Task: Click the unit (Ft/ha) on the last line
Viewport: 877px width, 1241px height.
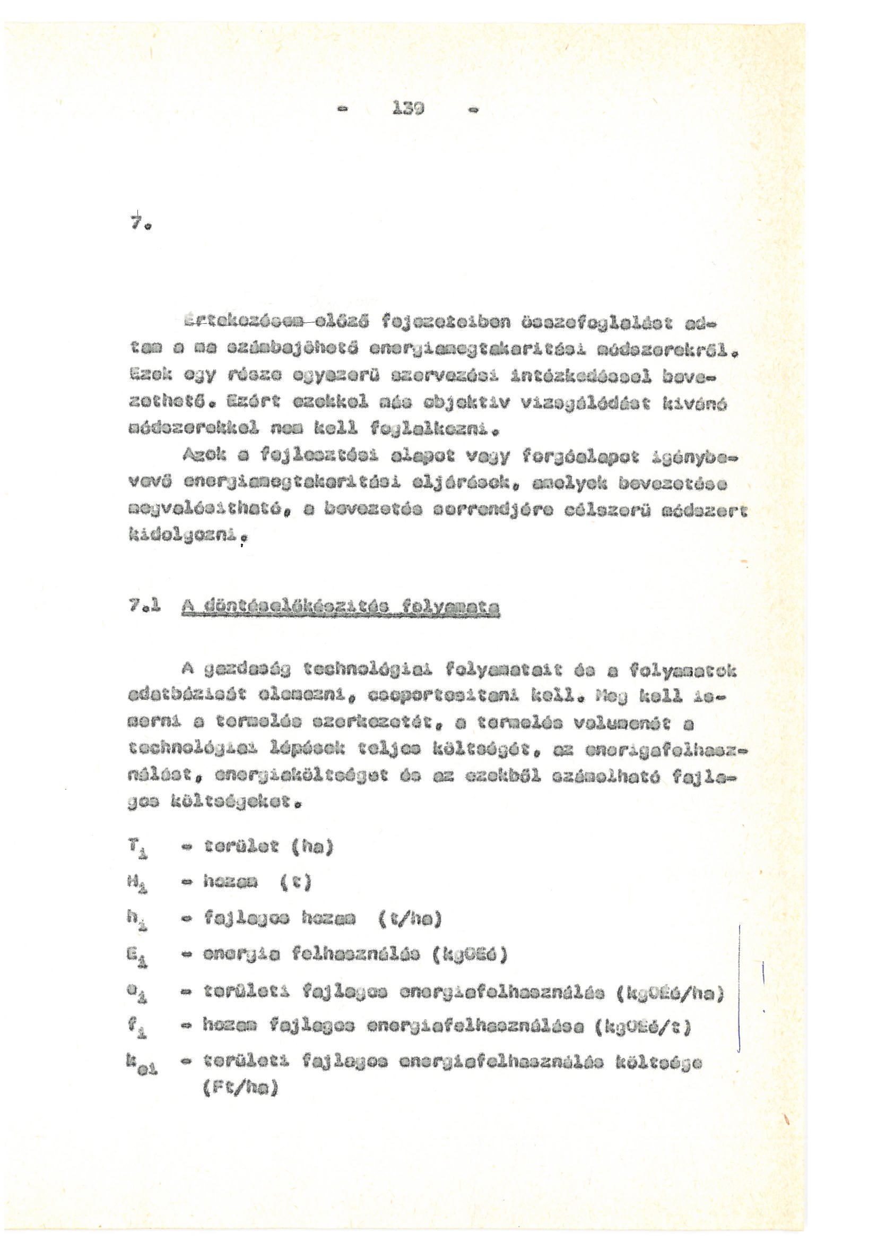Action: coord(240,1089)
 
